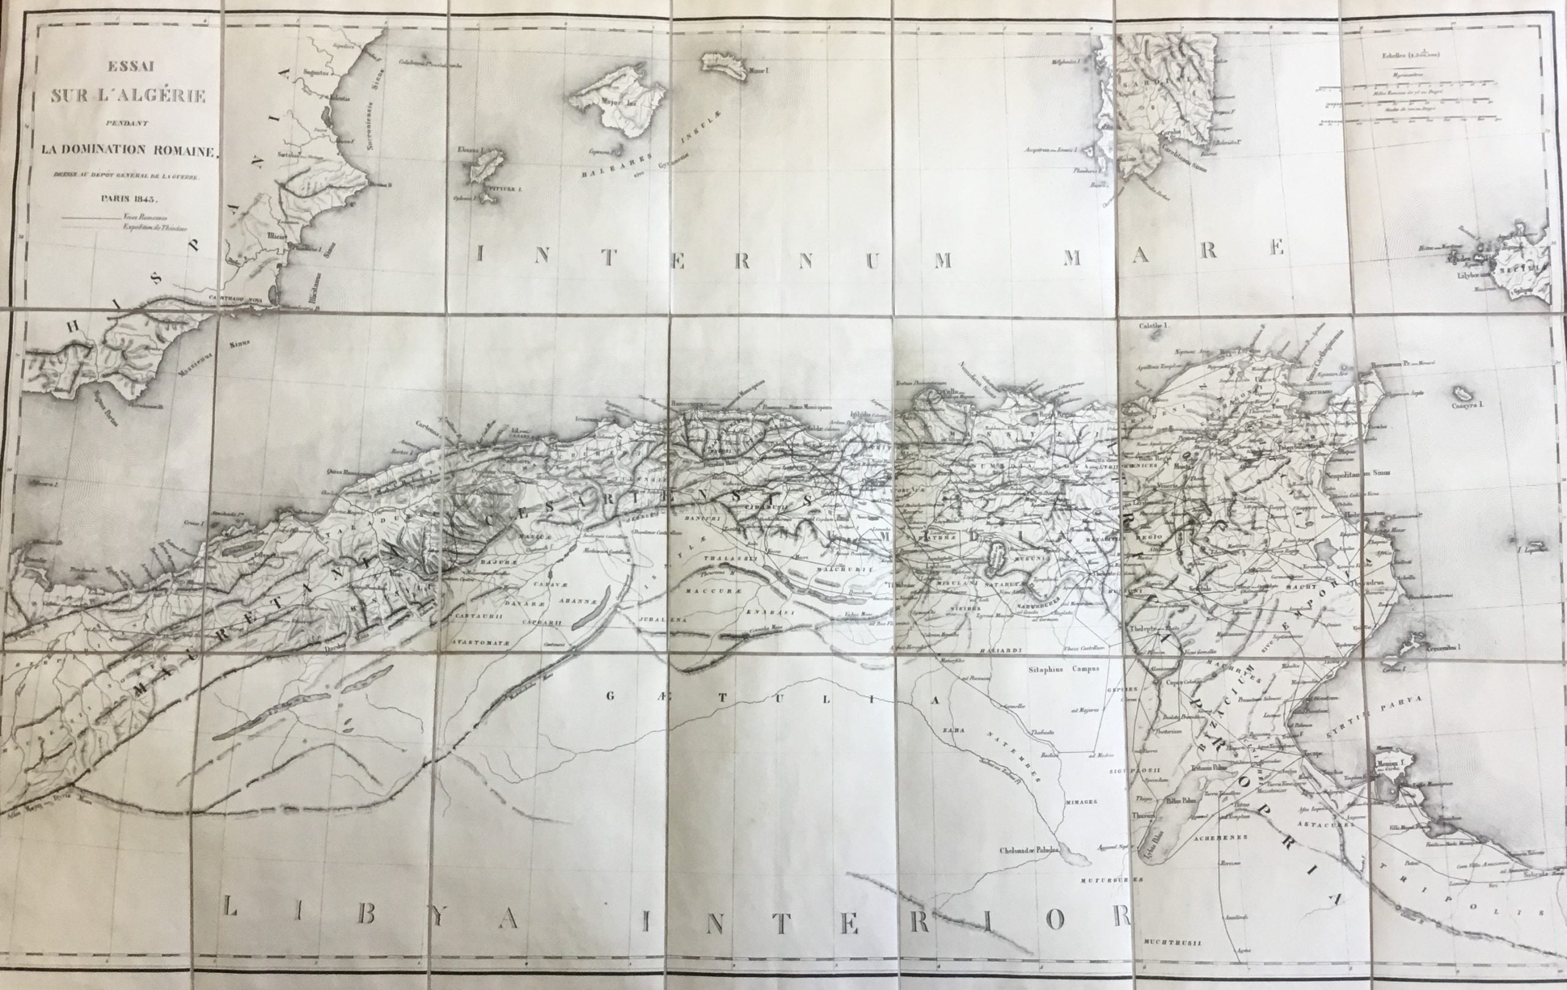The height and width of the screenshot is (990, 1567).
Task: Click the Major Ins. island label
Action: [x=612, y=120]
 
